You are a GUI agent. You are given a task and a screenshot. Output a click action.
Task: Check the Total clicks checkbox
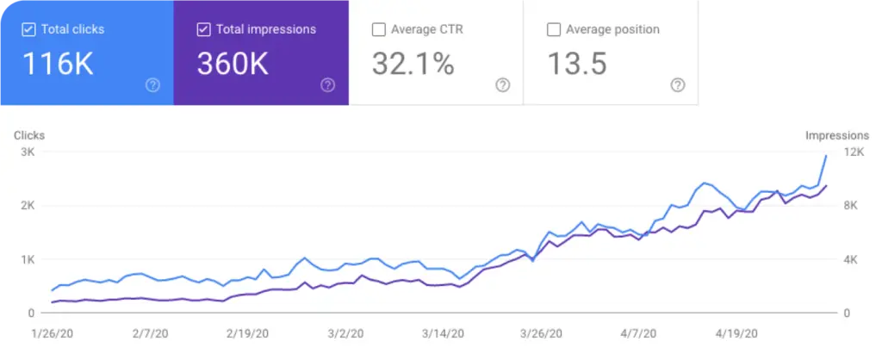pos(28,29)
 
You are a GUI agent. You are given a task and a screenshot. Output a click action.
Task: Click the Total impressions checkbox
pos(203,29)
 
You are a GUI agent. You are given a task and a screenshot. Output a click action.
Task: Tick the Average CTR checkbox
pos(378,29)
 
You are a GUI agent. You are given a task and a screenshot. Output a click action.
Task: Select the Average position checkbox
pos(554,29)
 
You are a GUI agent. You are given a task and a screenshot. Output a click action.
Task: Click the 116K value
pos(58,64)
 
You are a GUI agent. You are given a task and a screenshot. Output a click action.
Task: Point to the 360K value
pos(233,64)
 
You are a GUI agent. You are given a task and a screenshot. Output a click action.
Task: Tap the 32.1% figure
pos(413,64)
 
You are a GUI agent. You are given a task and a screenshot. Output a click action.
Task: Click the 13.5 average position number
pos(577,64)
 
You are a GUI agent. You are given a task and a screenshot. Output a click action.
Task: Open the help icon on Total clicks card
pos(152,84)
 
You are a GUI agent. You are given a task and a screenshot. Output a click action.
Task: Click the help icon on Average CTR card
pos(503,84)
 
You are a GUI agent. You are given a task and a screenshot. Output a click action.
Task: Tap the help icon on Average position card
pos(678,84)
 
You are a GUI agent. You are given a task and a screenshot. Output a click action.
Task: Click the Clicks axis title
pos(28,135)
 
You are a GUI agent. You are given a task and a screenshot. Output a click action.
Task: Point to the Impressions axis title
pos(836,135)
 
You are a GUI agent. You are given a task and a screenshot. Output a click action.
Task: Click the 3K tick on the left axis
pos(26,152)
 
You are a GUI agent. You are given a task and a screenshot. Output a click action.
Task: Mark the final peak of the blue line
pos(826,156)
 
